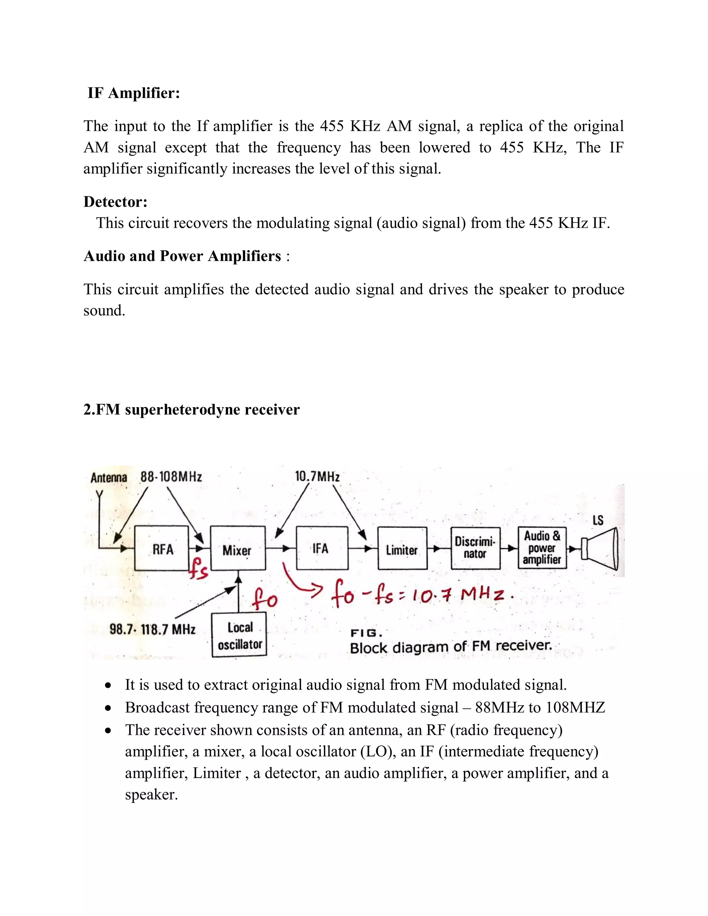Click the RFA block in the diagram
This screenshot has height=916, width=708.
click(x=161, y=548)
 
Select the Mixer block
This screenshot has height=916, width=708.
click(x=237, y=548)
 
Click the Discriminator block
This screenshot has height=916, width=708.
click(x=476, y=548)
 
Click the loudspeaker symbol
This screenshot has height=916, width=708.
click(x=600, y=549)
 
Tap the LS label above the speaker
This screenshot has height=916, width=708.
click(x=598, y=521)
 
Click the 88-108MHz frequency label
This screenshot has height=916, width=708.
click(x=171, y=477)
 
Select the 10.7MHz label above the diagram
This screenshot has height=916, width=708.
click(x=317, y=476)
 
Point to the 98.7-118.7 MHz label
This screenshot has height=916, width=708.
click(x=152, y=629)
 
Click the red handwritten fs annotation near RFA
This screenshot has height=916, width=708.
click(x=198, y=569)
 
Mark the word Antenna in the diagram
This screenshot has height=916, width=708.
click(x=109, y=478)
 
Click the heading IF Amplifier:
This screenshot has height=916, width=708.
click(x=134, y=93)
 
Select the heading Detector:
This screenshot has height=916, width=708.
click(x=116, y=202)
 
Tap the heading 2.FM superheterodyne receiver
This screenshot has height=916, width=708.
click(x=192, y=410)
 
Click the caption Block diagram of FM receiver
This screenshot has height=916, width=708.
click(x=450, y=647)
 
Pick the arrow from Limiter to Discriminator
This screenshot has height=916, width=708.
click(x=439, y=549)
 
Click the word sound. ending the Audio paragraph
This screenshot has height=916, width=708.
click(x=104, y=311)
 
